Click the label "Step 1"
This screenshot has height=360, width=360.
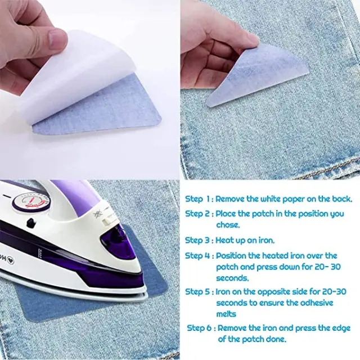(x=197, y=199)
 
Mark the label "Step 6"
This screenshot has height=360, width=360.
(x=199, y=328)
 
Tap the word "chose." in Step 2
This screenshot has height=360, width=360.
(x=228, y=225)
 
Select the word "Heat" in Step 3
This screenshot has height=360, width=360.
(x=224, y=240)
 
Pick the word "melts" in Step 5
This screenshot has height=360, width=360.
(x=226, y=314)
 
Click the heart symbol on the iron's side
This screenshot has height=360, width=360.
(x=10, y=261)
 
